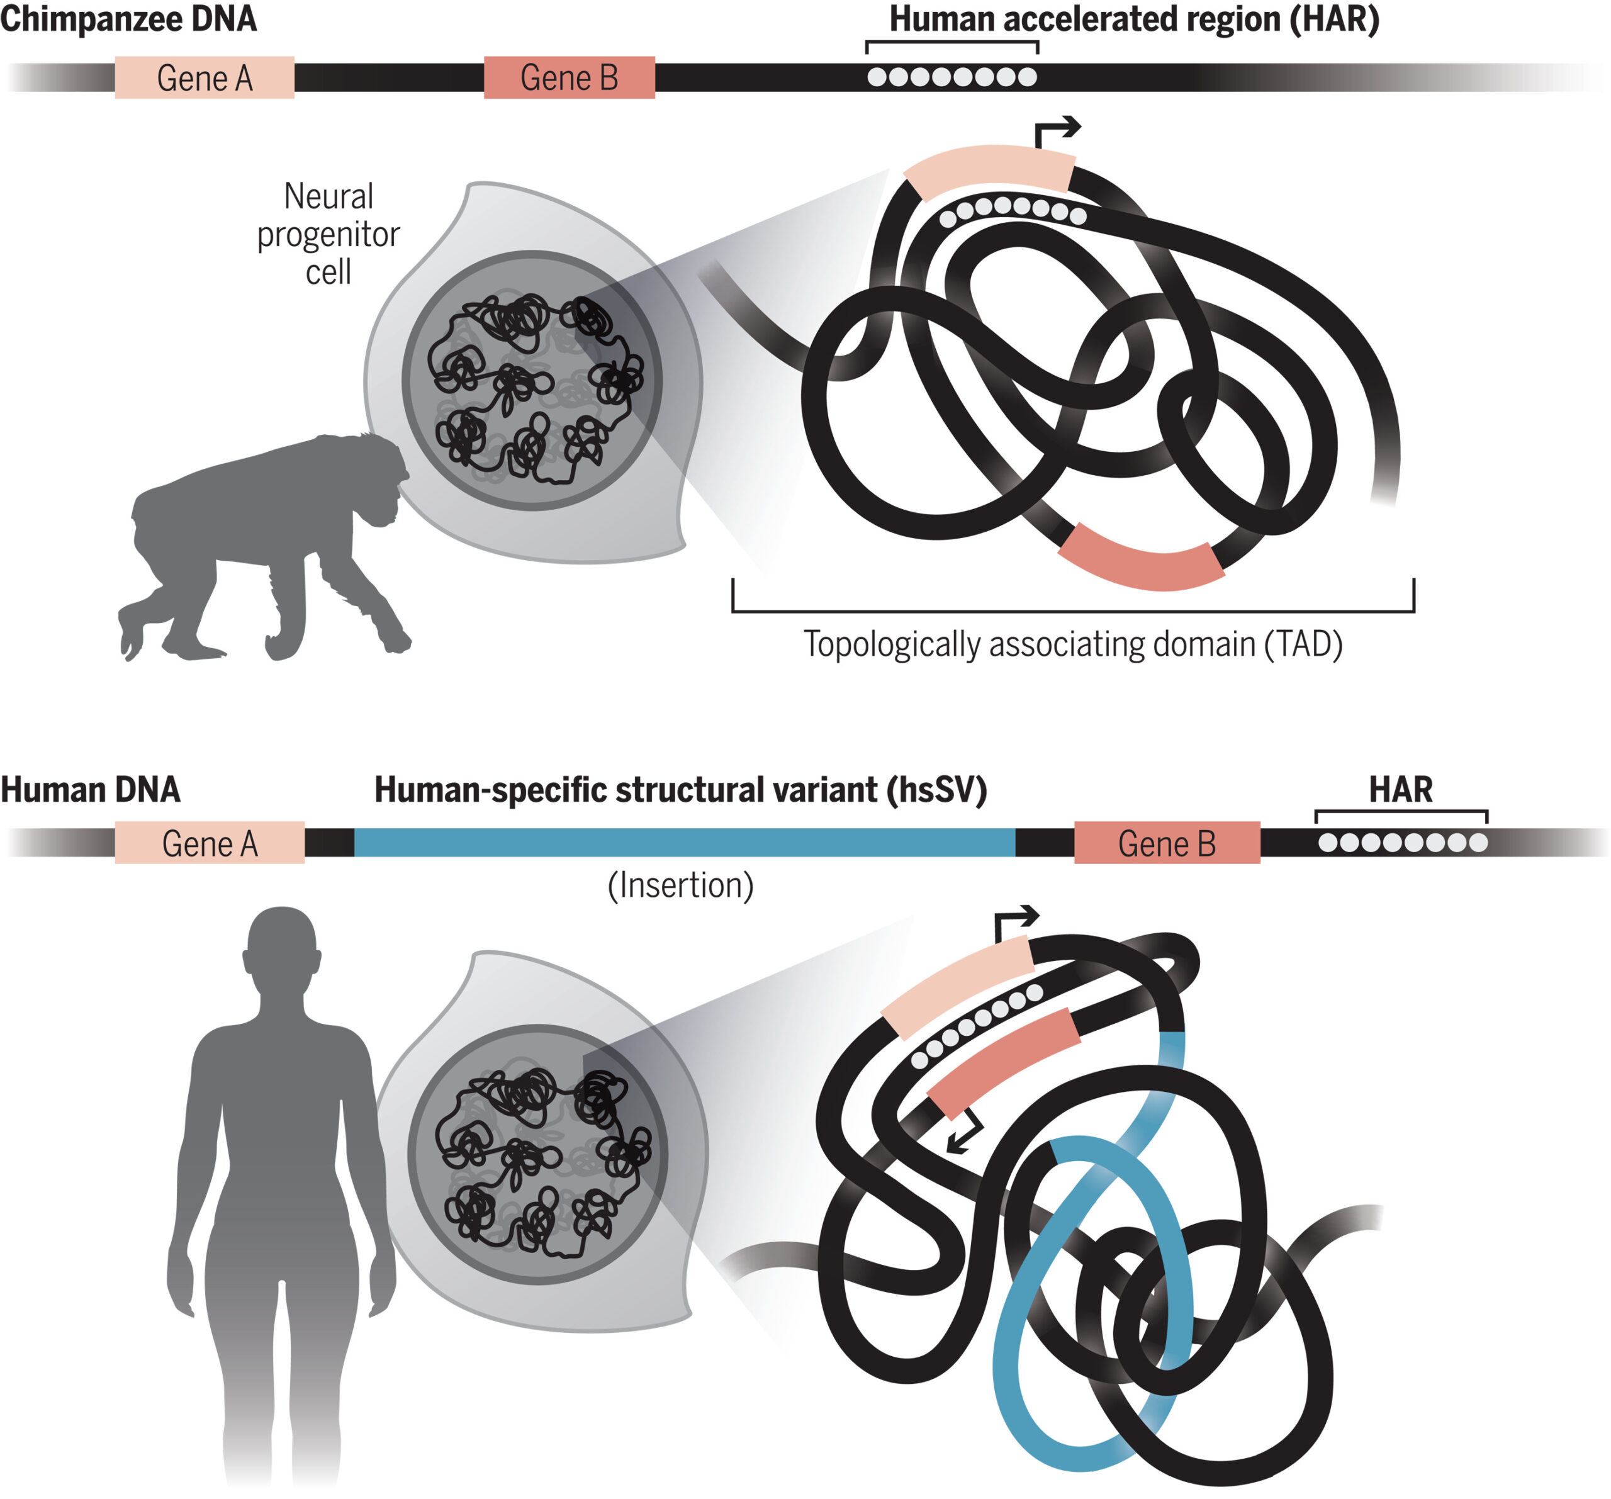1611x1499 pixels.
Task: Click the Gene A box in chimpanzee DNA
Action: click(205, 78)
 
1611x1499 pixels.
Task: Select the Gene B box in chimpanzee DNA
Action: click(569, 78)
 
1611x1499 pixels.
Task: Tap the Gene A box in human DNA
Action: click(209, 843)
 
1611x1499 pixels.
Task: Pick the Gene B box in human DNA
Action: click(1167, 843)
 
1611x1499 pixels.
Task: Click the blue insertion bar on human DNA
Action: click(684, 843)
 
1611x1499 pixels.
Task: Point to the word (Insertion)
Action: click(681, 885)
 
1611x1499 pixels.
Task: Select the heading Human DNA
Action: click(90, 789)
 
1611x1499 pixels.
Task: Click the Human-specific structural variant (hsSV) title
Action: click(681, 789)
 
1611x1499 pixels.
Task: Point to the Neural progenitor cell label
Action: click(328, 233)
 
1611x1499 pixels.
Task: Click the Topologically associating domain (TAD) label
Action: click(1073, 644)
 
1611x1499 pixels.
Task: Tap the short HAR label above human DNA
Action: click(1400, 789)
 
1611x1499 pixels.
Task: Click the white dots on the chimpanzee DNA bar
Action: click(951, 77)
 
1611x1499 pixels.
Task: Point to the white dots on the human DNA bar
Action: click(1402, 843)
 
